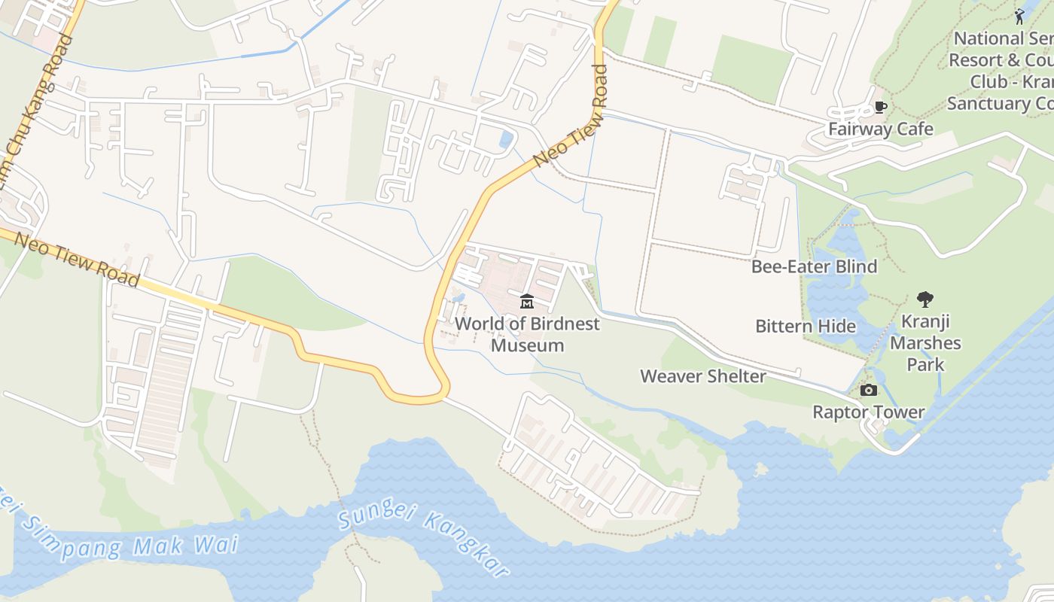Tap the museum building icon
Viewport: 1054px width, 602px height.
pos(527,302)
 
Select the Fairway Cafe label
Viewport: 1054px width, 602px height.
pos(880,129)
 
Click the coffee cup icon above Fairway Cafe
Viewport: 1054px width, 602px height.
pos(879,108)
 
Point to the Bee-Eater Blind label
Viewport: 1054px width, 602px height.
pos(814,266)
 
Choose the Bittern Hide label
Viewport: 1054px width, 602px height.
pos(805,326)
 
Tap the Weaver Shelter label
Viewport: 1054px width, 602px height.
pos(702,376)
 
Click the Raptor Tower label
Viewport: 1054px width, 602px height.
pos(868,412)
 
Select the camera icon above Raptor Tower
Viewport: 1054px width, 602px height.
pos(868,390)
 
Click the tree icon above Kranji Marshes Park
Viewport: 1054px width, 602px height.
pos(925,299)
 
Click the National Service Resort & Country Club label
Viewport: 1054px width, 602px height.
pos(1001,71)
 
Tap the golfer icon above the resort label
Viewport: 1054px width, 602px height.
pos(1019,16)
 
